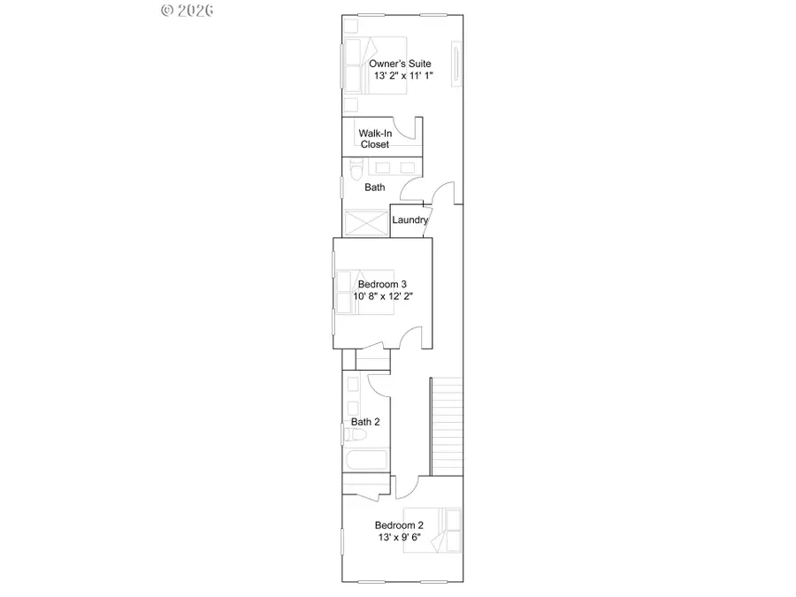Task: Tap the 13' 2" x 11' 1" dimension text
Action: click(x=398, y=75)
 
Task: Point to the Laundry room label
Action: click(x=410, y=220)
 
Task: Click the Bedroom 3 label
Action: click(x=382, y=284)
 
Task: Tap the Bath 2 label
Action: click(x=365, y=422)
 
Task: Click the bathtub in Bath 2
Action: click(x=365, y=461)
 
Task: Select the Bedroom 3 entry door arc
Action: click(x=409, y=337)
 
